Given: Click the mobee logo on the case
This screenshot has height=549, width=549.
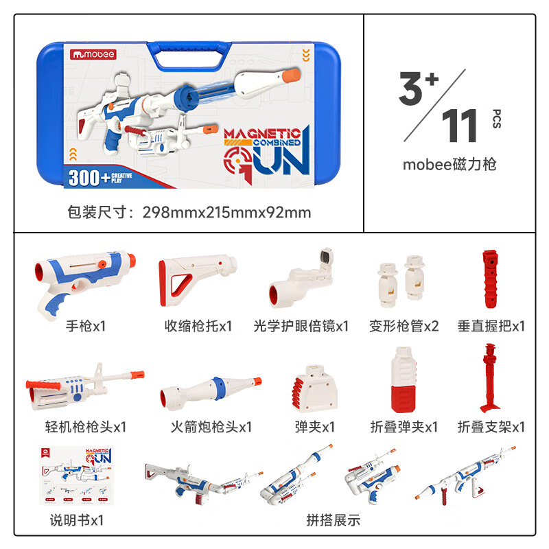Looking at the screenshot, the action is tap(93, 55).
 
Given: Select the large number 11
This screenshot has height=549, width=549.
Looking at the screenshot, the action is tap(459, 126).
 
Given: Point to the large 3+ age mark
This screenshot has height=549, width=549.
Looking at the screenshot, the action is tap(419, 88).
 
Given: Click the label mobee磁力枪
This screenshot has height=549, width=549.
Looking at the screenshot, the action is tap(449, 165).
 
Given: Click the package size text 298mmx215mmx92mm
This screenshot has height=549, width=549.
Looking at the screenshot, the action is tap(227, 213).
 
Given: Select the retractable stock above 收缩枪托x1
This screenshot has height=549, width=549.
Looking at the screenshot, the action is tap(198, 280).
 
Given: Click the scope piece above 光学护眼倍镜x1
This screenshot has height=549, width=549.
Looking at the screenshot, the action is tap(301, 279).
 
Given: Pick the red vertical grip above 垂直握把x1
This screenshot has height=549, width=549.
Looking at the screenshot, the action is tap(490, 279).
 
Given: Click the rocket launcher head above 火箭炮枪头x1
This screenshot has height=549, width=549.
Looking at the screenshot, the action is tap(211, 393).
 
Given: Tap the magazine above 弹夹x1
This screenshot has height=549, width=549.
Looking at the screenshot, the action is tap(314, 388).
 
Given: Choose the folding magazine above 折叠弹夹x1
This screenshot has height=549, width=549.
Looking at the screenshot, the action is tap(404, 379).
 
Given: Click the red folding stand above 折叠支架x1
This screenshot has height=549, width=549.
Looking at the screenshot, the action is tap(490, 378).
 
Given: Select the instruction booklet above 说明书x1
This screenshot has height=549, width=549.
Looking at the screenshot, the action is tap(77, 475).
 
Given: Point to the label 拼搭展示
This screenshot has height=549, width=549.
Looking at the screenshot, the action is tap(333, 520).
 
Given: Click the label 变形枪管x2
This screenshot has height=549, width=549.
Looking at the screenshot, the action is tap(404, 327).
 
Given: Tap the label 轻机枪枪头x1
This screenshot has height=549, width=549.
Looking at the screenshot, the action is tap(85, 427).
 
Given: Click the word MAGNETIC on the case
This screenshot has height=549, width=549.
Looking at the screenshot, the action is tap(262, 133).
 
